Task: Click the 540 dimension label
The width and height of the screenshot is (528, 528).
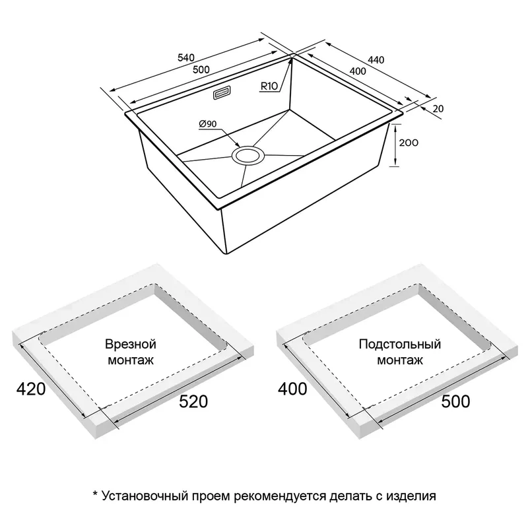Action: [186, 57]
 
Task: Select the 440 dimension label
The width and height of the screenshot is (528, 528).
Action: [376, 60]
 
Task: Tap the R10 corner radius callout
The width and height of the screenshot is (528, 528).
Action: [269, 86]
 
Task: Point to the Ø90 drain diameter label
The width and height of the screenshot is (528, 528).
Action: [208, 124]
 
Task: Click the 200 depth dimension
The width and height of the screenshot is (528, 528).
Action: [409, 143]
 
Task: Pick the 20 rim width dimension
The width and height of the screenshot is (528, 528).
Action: [438, 109]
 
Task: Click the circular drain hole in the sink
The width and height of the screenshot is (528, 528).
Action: [248, 156]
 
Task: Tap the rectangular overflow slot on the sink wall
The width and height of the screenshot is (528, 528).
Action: [222, 93]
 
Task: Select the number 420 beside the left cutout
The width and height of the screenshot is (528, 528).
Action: [31, 389]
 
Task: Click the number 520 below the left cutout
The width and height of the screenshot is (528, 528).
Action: [193, 401]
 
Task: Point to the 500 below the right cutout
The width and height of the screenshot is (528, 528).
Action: [455, 401]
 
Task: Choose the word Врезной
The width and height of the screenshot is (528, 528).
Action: [131, 344]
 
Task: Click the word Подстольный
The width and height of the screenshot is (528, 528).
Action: [400, 344]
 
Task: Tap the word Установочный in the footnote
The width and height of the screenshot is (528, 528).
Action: [145, 496]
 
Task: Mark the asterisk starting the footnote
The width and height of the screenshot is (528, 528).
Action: [95, 494]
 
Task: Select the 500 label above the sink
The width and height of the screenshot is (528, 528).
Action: [201, 69]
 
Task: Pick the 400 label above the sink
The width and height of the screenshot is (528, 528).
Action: [358, 71]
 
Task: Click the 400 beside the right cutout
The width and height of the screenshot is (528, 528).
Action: [292, 389]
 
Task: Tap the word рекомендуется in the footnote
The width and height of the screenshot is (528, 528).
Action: [280, 497]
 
